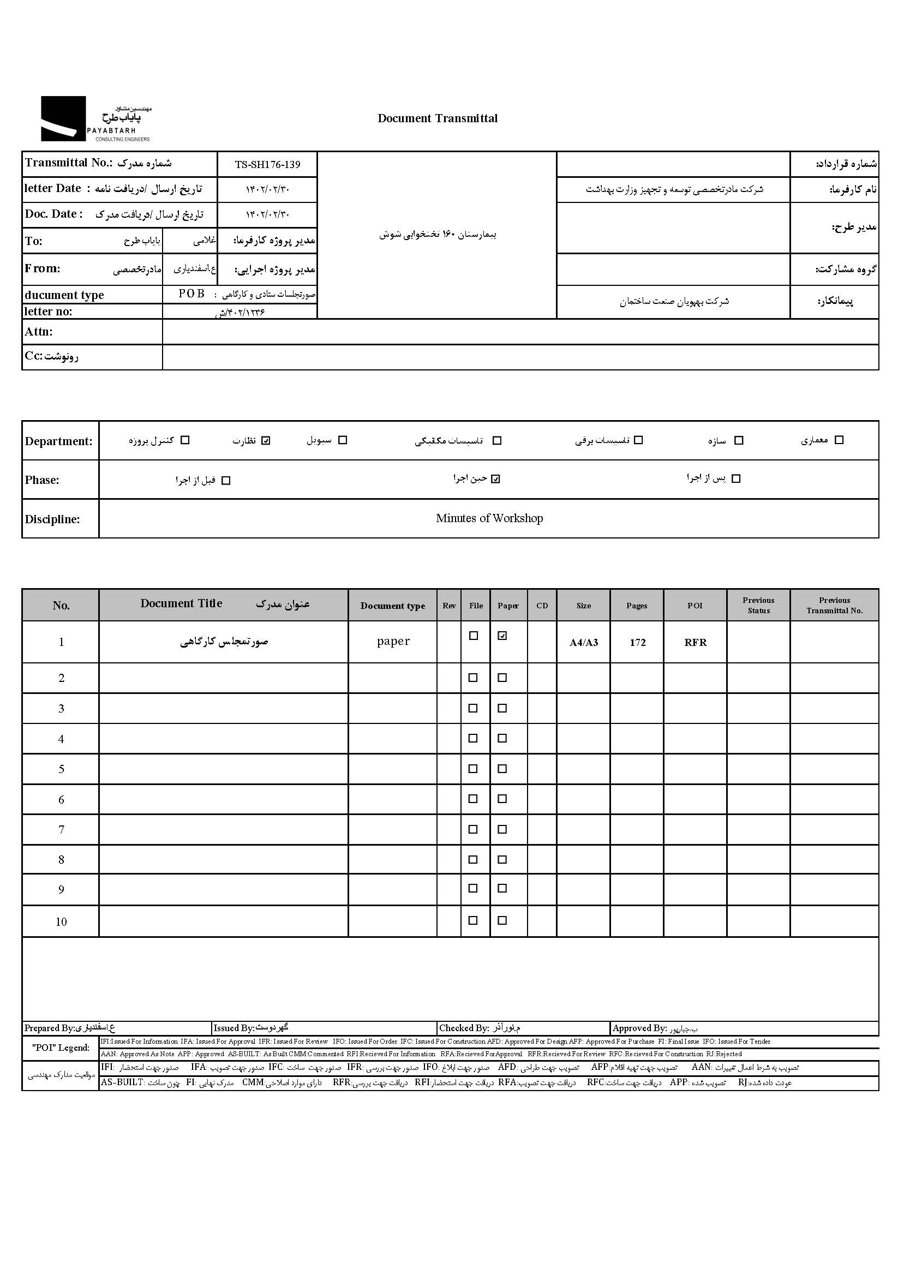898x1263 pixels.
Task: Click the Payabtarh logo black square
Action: click(x=63, y=118)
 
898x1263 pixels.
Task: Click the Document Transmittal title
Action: click(x=438, y=118)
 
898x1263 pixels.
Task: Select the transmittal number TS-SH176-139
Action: click(x=267, y=164)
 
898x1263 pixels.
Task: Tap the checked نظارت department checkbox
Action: click(x=266, y=441)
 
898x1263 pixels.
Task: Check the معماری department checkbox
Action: click(x=839, y=440)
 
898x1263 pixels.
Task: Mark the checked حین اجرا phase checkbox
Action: click(x=495, y=479)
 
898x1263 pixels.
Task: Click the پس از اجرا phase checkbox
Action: click(x=735, y=479)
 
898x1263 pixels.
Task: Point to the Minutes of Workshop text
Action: click(x=489, y=518)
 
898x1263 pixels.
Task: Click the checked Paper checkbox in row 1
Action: click(x=502, y=636)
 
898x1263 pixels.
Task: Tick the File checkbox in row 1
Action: click(x=474, y=636)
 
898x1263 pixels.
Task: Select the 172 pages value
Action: click(x=638, y=643)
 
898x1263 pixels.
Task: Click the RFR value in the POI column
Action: click(x=695, y=643)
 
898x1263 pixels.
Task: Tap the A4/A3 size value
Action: click(x=583, y=643)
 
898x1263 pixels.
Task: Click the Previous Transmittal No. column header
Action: click(x=834, y=606)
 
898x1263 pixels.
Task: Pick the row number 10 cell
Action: click(x=61, y=922)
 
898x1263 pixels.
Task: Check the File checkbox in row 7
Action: click(x=473, y=829)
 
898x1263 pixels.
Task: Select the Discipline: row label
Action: click(x=52, y=519)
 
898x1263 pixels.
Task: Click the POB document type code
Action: click(x=191, y=294)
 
